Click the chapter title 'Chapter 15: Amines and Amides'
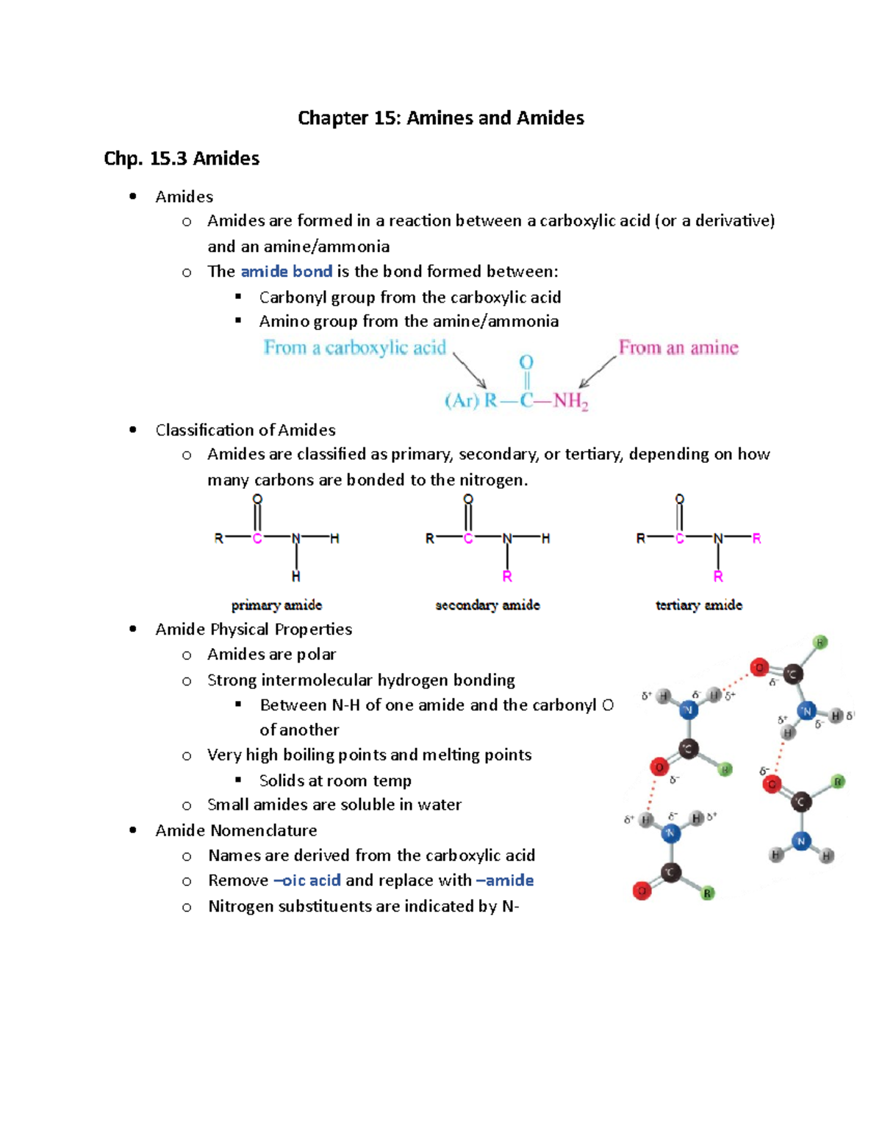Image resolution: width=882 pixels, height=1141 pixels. (440, 118)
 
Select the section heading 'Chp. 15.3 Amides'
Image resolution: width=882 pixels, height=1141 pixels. (182, 159)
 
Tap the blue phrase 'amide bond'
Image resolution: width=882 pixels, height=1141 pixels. (286, 272)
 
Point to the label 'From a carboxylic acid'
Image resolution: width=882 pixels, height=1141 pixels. (355, 348)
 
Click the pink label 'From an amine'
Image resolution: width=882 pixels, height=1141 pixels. (678, 348)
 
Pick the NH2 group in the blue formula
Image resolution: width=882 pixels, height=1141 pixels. (570, 401)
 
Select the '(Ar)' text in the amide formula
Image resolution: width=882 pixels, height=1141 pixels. (462, 401)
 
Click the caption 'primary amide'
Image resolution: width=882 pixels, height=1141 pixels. (276, 605)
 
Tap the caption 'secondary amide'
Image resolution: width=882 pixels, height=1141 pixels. (487, 605)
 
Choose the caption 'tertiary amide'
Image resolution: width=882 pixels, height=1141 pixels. (698, 605)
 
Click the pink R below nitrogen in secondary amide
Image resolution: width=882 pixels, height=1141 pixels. (507, 577)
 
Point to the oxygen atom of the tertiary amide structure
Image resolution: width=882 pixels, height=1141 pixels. (680, 500)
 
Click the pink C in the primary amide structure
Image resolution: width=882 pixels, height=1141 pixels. (257, 539)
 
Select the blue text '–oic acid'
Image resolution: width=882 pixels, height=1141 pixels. (306, 881)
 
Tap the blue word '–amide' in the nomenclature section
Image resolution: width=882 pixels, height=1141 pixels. (504, 881)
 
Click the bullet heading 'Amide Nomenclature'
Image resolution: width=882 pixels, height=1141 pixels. (236, 831)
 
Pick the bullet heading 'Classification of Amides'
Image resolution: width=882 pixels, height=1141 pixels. (245, 431)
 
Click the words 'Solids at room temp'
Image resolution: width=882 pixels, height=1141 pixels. (335, 781)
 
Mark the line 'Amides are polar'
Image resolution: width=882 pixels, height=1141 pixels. (271, 655)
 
